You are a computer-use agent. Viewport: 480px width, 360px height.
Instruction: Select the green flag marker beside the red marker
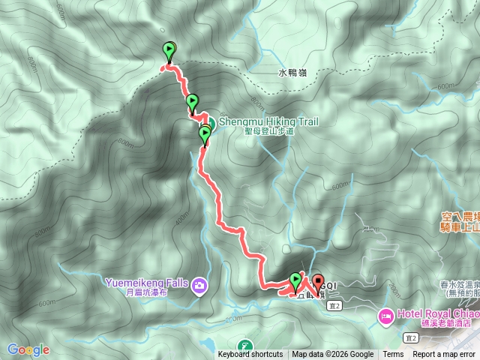click(295, 282)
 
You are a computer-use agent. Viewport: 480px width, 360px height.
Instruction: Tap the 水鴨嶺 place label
click(293, 73)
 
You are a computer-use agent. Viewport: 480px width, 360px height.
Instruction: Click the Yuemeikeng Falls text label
click(145, 283)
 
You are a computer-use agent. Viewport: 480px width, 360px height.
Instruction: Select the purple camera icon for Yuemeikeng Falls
click(199, 285)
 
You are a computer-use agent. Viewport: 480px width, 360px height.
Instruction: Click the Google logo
click(28, 349)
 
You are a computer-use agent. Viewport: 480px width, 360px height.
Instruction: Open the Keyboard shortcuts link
click(250, 355)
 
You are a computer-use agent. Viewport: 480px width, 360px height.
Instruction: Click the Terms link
click(393, 355)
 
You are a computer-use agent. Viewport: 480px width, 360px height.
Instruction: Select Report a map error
click(445, 355)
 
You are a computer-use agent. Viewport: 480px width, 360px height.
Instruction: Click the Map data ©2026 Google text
click(333, 355)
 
